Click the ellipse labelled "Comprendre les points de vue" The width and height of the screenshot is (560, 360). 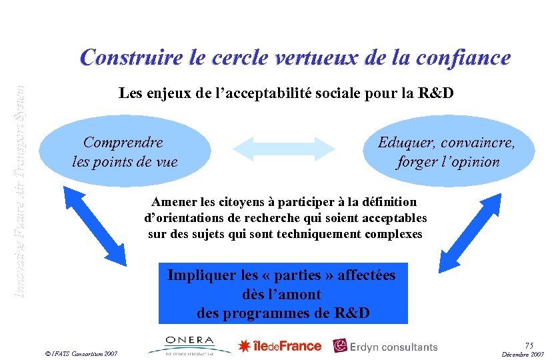tap(125, 151)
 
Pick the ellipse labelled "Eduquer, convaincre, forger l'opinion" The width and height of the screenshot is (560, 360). tap(449, 151)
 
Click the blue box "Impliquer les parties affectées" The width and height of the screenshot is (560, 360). tap(283, 293)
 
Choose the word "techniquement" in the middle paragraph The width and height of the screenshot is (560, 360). tap(322, 234)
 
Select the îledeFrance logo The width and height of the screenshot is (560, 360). tap(280, 346)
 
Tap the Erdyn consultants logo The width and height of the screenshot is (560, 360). tap(385, 346)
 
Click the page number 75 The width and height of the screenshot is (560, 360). tap(529, 345)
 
